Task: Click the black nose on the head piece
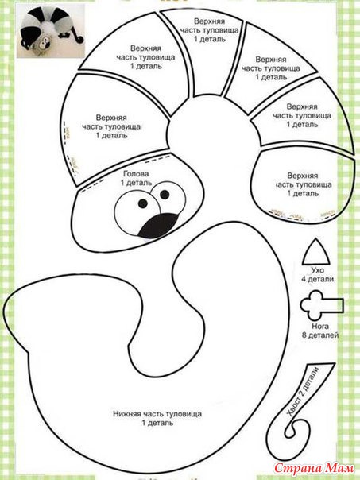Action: [x=158, y=226]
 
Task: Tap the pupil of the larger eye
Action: [x=143, y=203]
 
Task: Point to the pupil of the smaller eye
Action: [x=165, y=194]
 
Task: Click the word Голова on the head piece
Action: [x=136, y=174]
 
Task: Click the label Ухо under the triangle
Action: [x=317, y=270]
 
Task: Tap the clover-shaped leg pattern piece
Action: [x=321, y=305]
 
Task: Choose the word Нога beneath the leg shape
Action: [x=320, y=326]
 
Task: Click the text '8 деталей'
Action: [x=320, y=335]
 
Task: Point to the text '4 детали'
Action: [x=317, y=279]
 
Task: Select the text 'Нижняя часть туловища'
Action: [x=157, y=414]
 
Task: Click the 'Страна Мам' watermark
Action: [x=314, y=468]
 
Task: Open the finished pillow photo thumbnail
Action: [x=51, y=31]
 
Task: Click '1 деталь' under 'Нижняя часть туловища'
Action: [x=157, y=423]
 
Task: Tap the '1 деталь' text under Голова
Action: [x=136, y=183]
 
